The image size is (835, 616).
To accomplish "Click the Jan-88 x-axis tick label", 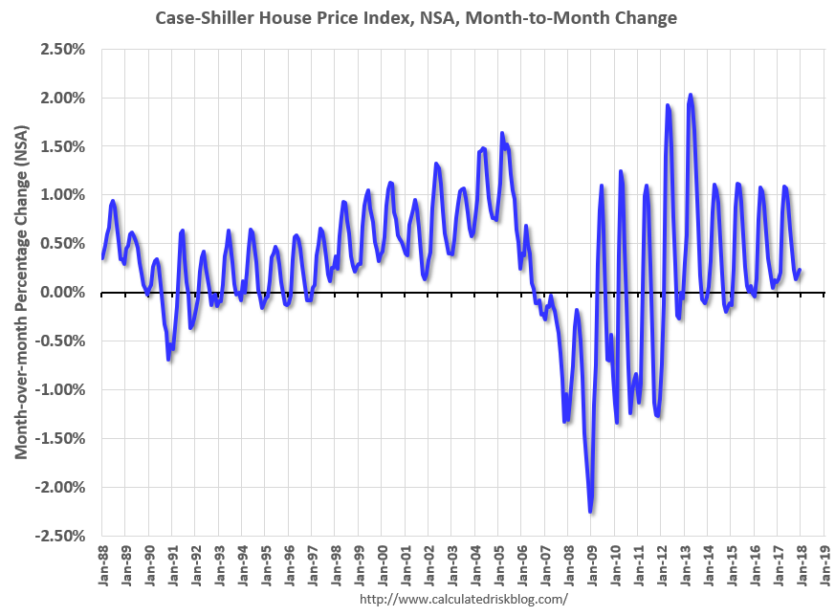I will (x=102, y=566).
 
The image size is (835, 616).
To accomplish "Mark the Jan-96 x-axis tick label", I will (x=289, y=566).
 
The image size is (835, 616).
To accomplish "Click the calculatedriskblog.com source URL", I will (x=464, y=600).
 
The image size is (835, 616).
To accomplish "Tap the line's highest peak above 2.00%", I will (x=691, y=95).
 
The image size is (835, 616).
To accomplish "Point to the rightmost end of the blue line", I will (x=800, y=270).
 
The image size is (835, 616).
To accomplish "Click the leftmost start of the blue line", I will (x=102, y=257).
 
